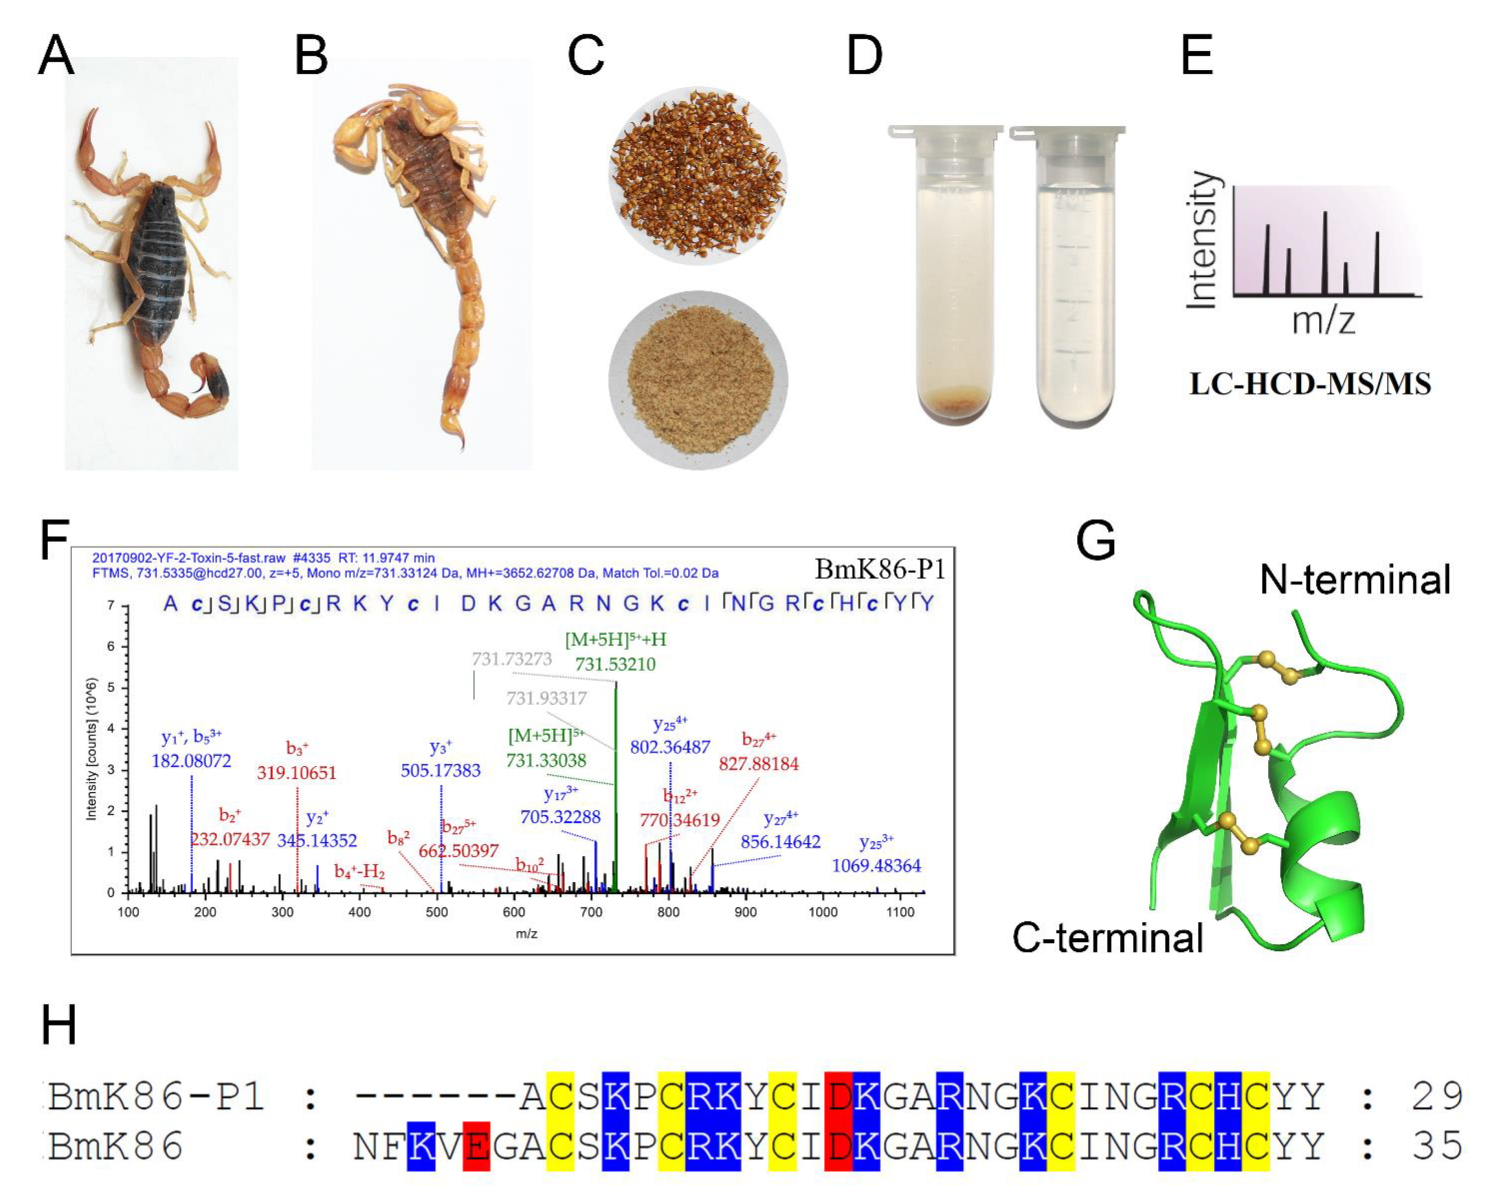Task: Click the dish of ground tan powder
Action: tap(698, 381)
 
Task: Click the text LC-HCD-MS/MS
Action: tap(1310, 384)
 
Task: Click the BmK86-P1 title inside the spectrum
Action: tap(879, 569)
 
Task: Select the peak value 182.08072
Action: tap(191, 761)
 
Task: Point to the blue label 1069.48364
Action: tap(876, 865)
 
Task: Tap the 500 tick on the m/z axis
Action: tap(437, 911)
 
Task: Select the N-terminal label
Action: tap(1355, 579)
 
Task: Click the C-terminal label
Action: tap(1108, 938)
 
